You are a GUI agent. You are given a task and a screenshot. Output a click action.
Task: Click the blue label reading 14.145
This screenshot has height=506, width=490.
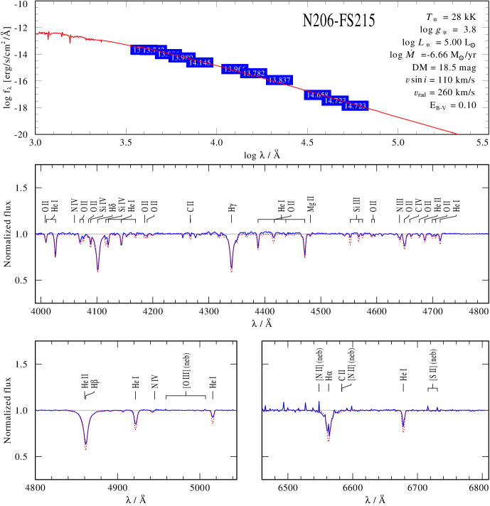point(200,63)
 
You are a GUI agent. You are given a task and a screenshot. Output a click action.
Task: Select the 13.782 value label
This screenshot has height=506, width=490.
point(254,73)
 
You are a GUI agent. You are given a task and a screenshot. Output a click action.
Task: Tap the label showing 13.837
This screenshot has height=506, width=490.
point(279,80)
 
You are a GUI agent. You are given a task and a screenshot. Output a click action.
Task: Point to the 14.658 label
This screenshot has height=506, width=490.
point(316,95)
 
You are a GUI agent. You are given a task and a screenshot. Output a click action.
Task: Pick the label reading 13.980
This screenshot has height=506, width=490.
point(181,58)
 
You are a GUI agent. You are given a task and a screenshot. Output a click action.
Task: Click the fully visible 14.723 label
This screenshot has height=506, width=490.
point(355,106)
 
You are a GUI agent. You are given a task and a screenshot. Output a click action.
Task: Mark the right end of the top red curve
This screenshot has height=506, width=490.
point(459,134)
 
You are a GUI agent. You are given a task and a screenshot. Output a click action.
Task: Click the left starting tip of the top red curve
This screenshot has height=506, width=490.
point(36,33)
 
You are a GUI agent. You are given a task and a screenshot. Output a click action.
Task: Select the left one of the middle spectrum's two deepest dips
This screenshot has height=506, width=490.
point(98,271)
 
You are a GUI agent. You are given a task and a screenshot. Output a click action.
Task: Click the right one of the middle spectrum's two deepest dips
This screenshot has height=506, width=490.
point(231,271)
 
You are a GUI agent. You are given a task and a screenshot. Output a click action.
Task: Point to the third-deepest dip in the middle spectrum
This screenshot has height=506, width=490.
point(304,257)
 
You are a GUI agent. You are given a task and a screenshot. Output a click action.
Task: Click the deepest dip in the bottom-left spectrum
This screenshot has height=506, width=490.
point(85,448)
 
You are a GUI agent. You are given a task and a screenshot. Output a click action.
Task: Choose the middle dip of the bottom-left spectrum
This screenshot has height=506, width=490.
point(135,428)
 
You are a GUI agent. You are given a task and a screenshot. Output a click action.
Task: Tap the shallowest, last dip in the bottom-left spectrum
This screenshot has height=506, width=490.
point(213,424)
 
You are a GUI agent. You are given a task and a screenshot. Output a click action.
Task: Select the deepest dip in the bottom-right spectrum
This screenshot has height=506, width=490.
point(329,440)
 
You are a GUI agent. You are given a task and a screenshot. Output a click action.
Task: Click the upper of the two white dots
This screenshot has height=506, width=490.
point(406,87)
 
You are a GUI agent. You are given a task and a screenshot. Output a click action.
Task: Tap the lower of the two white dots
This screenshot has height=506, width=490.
point(414,100)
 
